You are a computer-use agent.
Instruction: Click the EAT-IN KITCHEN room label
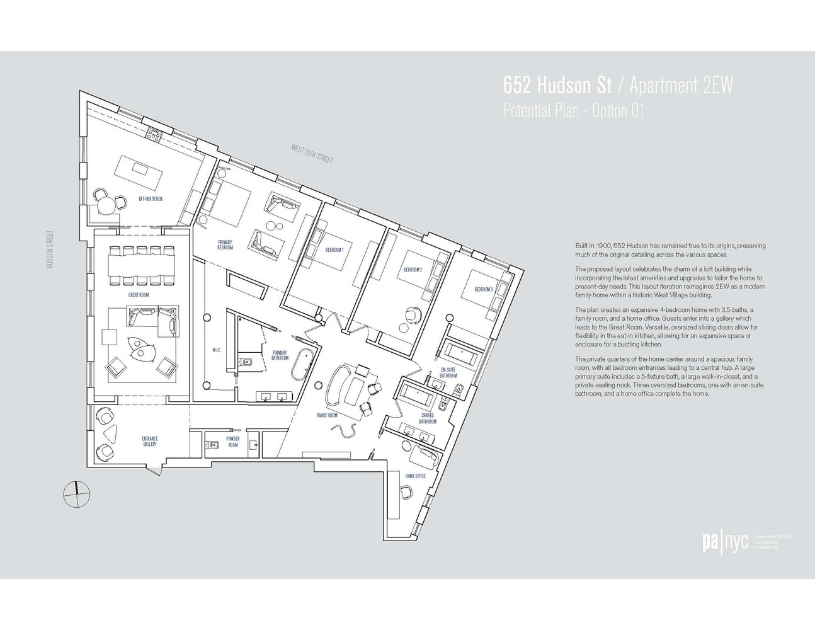point(151,199)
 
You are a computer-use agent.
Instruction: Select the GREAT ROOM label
point(139,295)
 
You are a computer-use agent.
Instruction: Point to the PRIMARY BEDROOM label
point(225,245)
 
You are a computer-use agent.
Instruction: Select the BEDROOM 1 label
point(334,250)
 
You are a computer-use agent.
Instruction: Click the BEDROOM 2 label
point(413,270)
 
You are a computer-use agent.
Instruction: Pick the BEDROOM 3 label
point(483,289)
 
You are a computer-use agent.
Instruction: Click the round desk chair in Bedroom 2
point(413,313)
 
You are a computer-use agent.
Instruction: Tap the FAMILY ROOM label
point(328,416)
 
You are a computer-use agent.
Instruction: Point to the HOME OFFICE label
point(416,476)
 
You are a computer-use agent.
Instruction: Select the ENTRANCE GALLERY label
point(150,441)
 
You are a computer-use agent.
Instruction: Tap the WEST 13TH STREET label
point(312,154)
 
